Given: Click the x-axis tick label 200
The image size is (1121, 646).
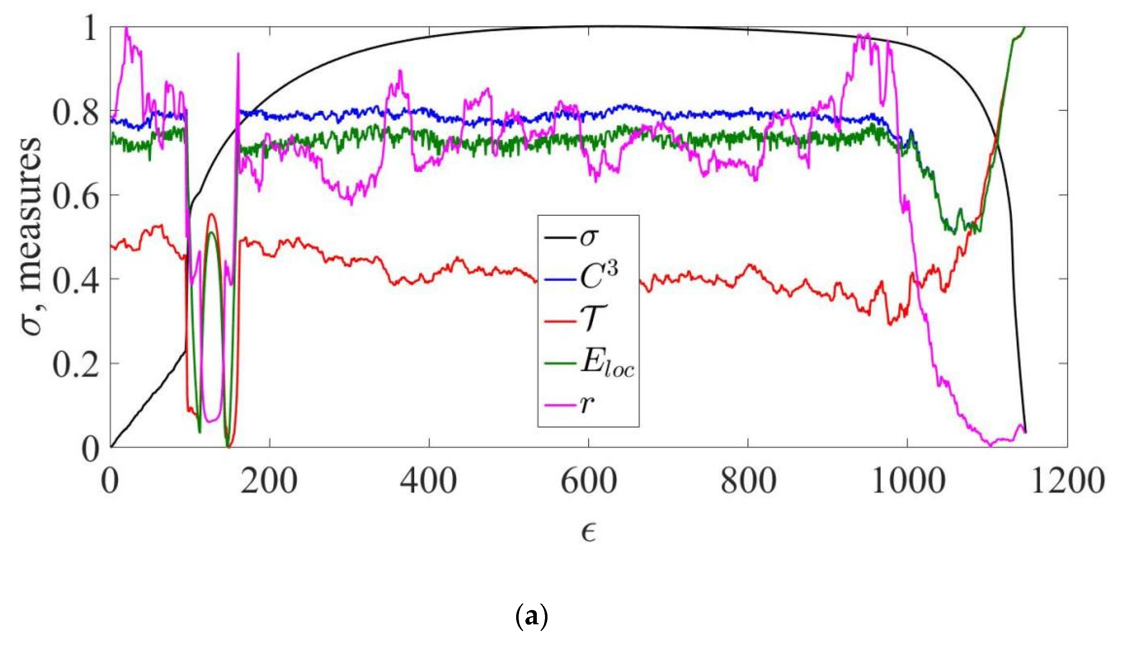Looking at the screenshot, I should point(269,481).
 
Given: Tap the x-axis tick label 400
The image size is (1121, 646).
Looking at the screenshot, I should point(428,481).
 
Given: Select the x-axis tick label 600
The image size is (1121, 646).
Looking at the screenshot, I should point(588,481).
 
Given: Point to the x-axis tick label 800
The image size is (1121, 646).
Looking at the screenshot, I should point(748,481).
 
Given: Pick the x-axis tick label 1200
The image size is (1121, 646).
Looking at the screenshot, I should point(1067,481).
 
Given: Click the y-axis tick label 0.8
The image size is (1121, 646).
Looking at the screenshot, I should point(76,112).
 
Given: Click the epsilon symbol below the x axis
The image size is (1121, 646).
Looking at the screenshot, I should point(588,532).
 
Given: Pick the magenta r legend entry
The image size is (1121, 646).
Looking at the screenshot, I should point(587,404).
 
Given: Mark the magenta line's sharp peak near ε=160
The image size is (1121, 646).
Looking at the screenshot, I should point(238,54).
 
